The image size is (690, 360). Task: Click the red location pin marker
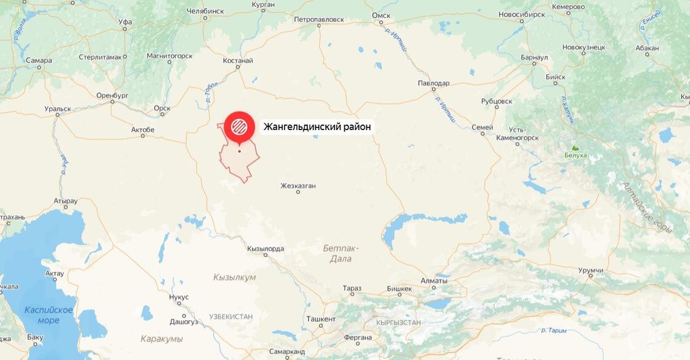click(240, 126)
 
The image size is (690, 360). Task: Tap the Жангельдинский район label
click(317, 127)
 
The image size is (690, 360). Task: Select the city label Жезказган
click(298, 185)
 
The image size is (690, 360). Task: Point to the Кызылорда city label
click(265, 249)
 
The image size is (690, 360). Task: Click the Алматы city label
click(434, 280)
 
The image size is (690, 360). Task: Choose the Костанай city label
click(238, 60)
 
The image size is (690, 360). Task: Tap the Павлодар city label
click(433, 83)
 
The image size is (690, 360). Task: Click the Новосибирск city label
click(522, 14)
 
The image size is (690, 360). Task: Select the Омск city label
click(381, 15)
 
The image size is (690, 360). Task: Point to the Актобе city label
click(143, 129)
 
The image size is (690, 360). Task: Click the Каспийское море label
click(49, 315)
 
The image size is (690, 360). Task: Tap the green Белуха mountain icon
click(575, 148)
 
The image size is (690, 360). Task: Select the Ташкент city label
click(320, 319)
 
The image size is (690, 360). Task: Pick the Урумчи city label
click(590, 271)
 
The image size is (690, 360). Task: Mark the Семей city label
click(482, 128)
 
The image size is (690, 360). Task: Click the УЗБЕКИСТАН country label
click(230, 316)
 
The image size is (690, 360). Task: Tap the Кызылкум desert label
click(234, 277)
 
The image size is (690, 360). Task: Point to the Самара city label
click(39, 60)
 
